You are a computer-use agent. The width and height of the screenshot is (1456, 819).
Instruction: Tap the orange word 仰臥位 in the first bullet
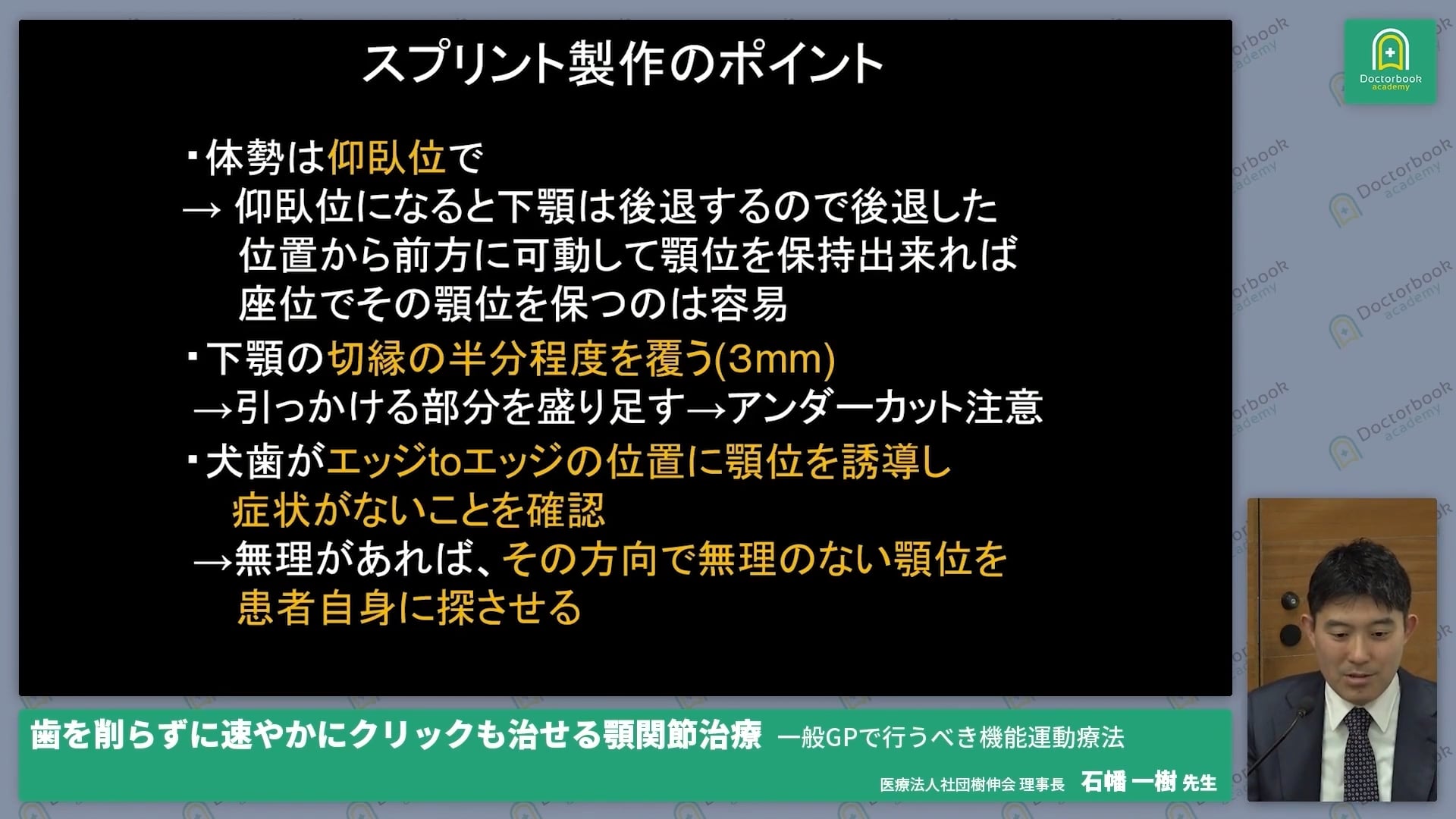tap(386, 158)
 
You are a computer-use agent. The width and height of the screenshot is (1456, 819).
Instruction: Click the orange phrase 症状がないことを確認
tap(419, 510)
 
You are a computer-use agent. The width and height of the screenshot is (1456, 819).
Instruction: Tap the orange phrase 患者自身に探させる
tap(409, 608)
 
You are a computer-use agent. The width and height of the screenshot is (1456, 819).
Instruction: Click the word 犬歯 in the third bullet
tap(244, 462)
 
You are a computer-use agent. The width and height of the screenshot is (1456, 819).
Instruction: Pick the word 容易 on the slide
tap(748, 304)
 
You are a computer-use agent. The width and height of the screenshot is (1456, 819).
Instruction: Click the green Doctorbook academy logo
tap(1389, 61)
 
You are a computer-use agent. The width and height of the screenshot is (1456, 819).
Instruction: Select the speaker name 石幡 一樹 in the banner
tap(1128, 782)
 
